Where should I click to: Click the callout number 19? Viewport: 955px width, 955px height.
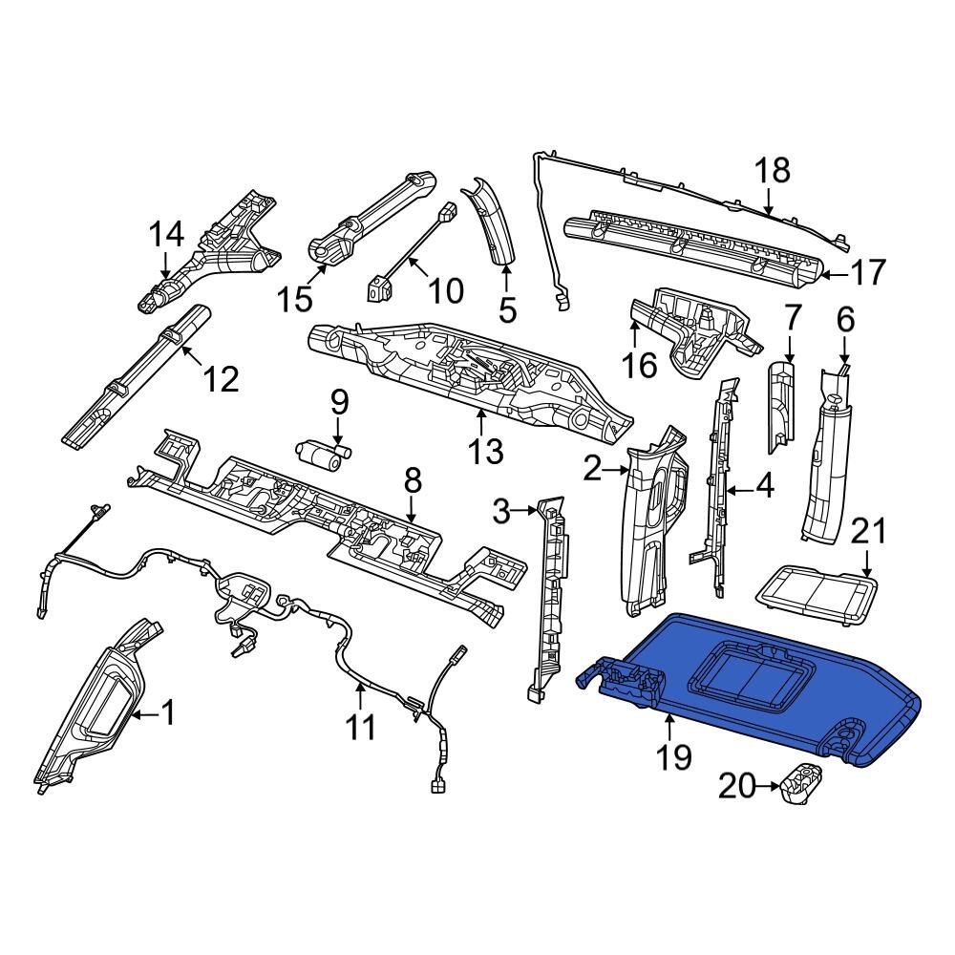[673, 757]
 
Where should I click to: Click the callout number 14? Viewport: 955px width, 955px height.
[166, 235]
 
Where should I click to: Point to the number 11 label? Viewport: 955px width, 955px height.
[361, 727]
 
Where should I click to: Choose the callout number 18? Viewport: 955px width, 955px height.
[773, 170]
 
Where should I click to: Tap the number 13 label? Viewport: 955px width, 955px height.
[485, 452]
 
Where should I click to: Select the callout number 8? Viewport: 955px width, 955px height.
[413, 481]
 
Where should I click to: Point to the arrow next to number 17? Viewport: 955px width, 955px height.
[835, 275]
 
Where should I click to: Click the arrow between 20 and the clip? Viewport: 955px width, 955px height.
[768, 786]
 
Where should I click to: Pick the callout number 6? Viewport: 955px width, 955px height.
[846, 320]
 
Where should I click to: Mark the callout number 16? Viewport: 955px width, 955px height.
[639, 366]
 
